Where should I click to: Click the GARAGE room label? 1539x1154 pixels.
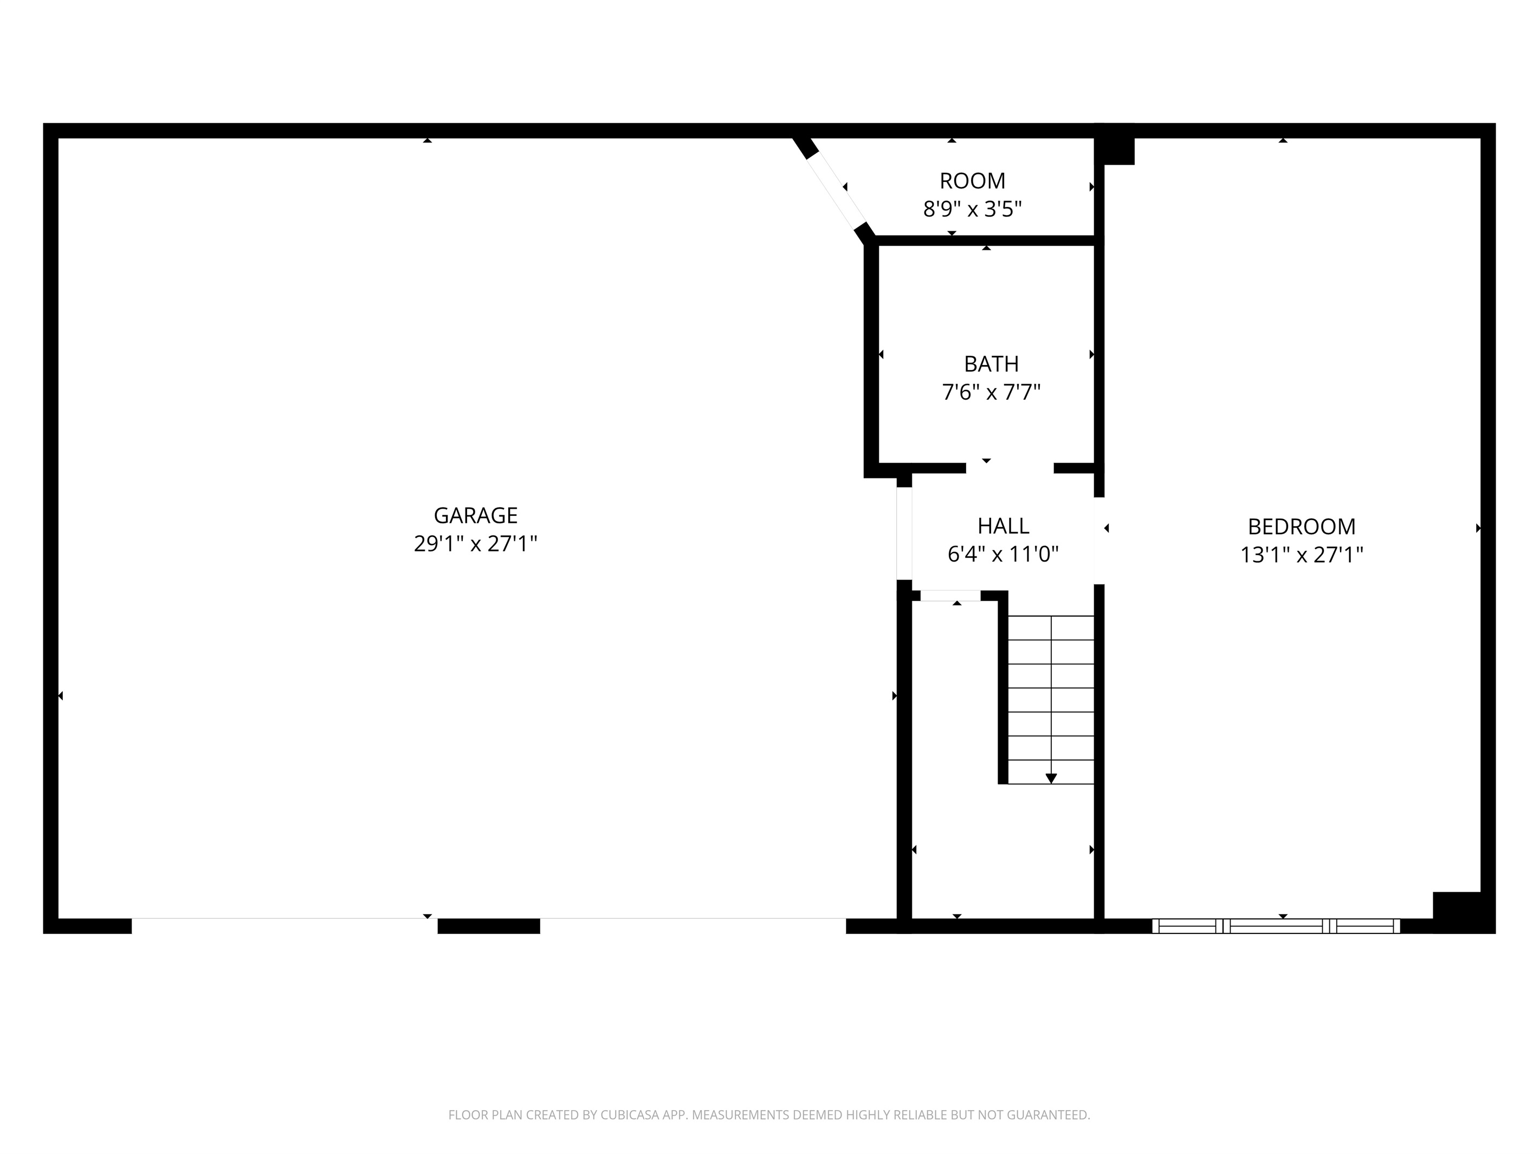(x=476, y=515)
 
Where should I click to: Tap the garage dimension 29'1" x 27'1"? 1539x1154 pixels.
(x=476, y=543)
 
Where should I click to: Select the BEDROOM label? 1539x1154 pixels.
(x=1302, y=527)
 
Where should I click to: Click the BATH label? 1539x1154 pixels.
(x=992, y=364)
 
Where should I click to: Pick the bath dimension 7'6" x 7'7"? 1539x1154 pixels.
(x=992, y=392)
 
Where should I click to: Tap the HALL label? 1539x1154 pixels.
(x=1003, y=526)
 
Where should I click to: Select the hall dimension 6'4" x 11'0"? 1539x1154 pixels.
(x=1003, y=554)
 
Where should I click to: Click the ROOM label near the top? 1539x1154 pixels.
(x=973, y=181)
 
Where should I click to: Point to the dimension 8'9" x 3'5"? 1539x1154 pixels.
(x=973, y=209)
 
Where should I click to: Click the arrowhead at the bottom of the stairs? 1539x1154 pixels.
(x=1051, y=779)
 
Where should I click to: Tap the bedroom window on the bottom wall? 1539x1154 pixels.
(x=1276, y=926)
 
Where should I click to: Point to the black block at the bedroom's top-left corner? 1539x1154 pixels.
(x=1115, y=145)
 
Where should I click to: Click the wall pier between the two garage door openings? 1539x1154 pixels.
(x=488, y=926)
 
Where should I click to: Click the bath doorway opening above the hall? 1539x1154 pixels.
(x=1010, y=468)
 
